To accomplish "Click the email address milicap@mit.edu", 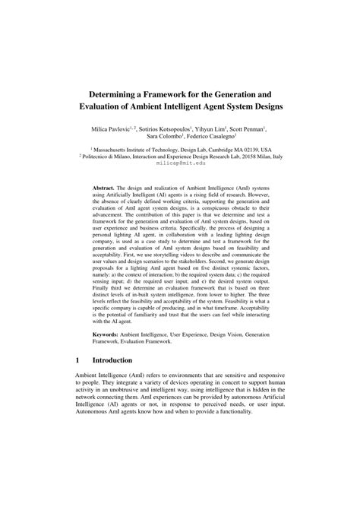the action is click(x=180, y=163).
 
